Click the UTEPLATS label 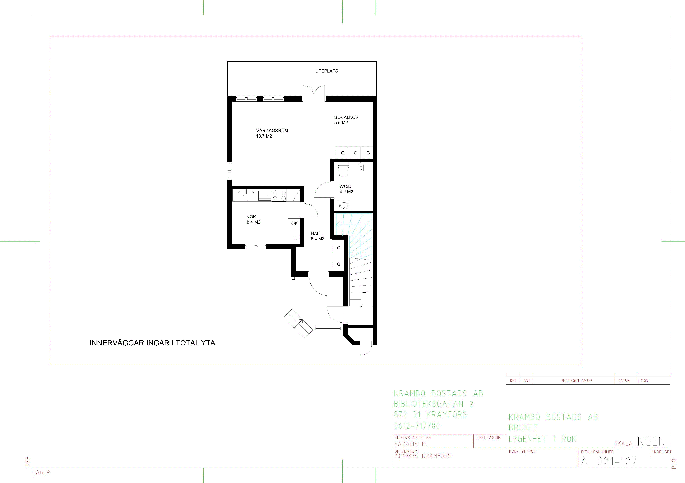point(327,71)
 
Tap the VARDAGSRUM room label point(272,131)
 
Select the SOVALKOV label point(346,117)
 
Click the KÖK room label point(251,217)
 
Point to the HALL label point(316,234)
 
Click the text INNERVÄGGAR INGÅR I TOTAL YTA point(152,343)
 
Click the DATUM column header point(624,380)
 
